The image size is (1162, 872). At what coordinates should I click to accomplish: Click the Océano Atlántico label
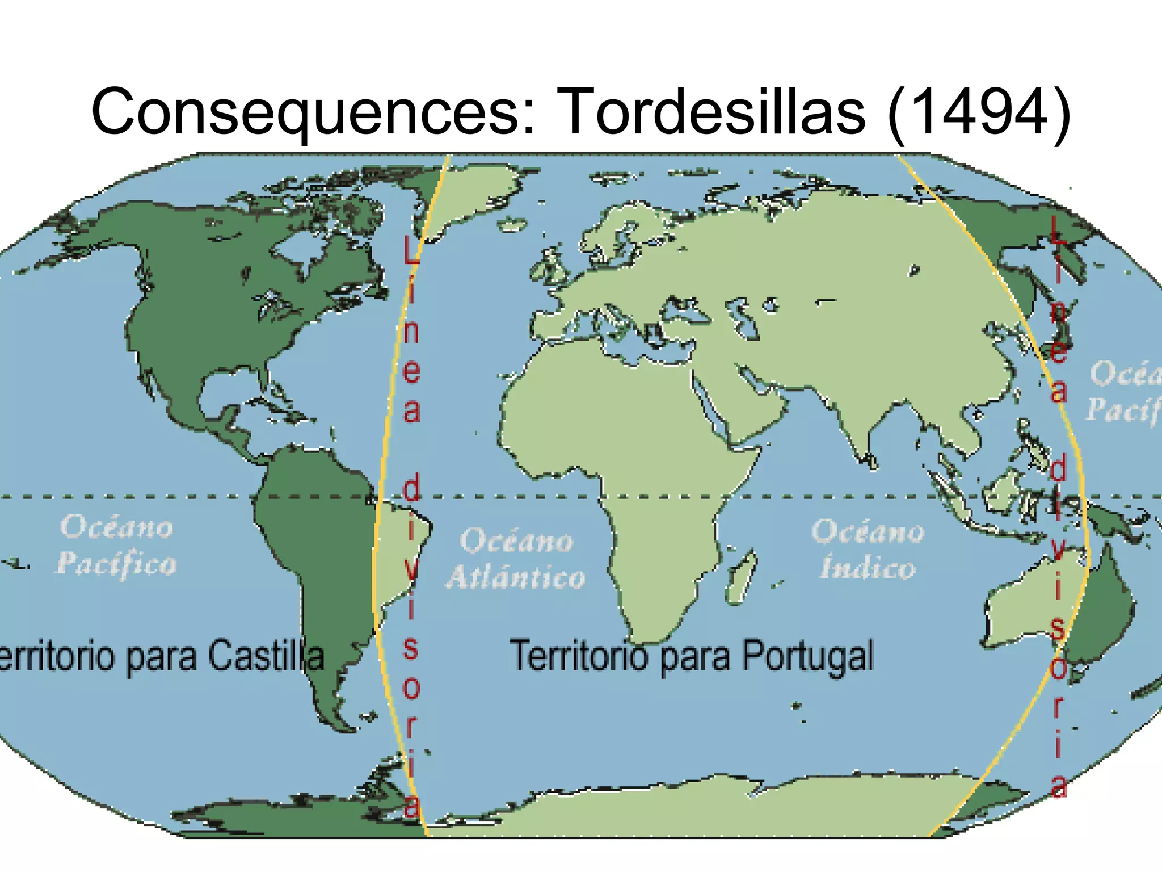coord(515,559)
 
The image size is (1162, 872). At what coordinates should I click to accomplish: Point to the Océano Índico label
coord(868,550)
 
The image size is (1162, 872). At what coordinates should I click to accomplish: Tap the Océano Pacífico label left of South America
coord(116,545)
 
